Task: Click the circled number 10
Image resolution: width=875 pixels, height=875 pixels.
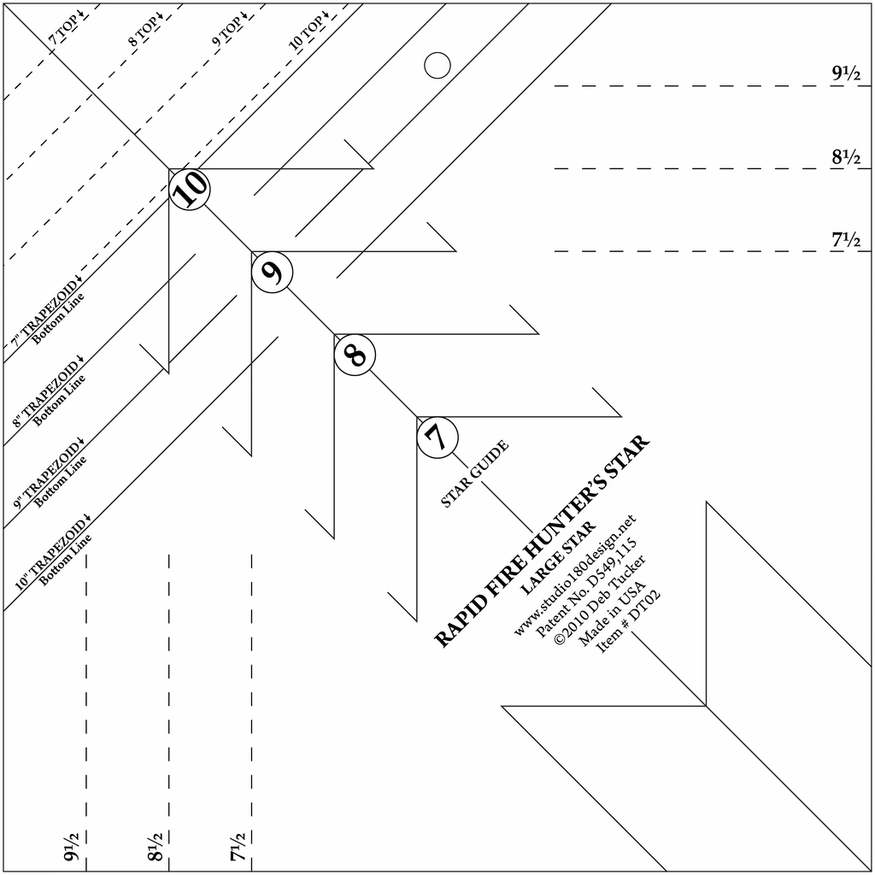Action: click(189, 189)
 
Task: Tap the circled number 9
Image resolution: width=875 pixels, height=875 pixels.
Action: click(272, 272)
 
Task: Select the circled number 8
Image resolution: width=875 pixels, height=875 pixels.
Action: click(355, 355)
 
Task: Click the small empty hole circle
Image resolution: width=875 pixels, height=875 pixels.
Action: click(437, 65)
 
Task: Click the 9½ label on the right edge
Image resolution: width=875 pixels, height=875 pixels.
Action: click(847, 73)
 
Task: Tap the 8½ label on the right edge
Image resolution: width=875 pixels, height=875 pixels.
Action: click(847, 156)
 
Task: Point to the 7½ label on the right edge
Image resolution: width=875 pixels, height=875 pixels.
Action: click(847, 239)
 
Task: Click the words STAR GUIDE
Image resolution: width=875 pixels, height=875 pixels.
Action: click(475, 473)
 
